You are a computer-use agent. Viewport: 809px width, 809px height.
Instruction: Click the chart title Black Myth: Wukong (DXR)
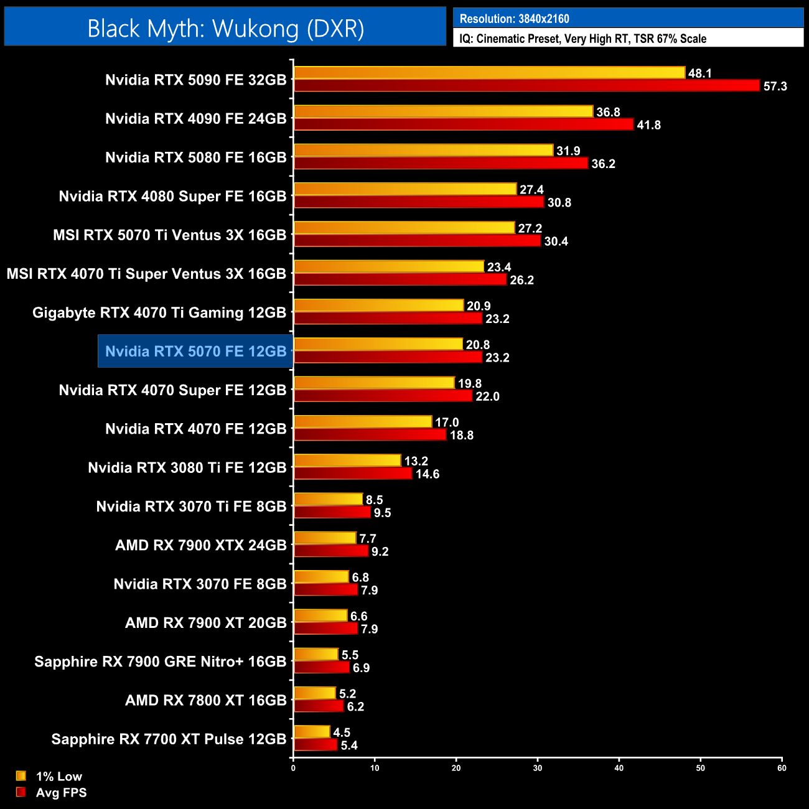point(225,29)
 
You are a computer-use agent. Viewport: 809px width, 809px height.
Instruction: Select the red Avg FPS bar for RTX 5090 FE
point(526,86)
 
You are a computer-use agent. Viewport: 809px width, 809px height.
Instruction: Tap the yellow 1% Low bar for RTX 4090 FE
point(443,112)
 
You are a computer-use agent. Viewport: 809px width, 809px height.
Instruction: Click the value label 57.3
point(775,87)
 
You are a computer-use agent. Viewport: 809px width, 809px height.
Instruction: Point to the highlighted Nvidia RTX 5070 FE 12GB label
point(195,352)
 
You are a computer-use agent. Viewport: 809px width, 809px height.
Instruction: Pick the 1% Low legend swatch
point(21,776)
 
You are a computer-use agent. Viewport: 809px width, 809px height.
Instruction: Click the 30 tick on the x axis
point(538,768)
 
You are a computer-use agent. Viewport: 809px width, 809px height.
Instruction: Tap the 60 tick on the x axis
point(782,768)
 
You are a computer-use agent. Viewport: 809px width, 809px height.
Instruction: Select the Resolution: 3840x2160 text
point(514,19)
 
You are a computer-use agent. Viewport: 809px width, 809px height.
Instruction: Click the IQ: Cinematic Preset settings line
point(582,39)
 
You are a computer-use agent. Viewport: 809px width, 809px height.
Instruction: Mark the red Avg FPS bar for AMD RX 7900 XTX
point(331,551)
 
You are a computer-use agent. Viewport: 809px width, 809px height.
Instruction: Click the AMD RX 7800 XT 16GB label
point(205,701)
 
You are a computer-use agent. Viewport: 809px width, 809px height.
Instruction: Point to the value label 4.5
point(342,732)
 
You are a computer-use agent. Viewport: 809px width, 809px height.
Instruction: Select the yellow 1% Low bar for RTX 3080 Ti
point(347,461)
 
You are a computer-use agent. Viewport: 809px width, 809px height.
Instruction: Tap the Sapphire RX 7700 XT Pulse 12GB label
point(169,739)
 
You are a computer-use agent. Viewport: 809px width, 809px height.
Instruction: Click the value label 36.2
point(603,164)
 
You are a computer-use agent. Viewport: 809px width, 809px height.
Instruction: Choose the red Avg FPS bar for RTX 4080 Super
point(419,202)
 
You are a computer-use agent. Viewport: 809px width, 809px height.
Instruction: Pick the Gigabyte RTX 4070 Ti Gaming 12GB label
point(159,313)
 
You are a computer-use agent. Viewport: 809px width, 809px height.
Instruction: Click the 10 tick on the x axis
point(375,768)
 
